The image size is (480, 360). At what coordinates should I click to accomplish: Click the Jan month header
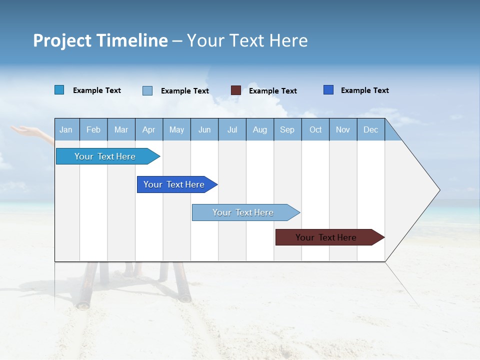pyautogui.click(x=66, y=129)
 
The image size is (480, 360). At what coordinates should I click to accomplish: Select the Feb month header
pyautogui.click(x=93, y=129)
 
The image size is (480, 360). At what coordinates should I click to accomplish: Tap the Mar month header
pyautogui.click(x=121, y=129)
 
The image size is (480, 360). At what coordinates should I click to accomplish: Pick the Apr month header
pyautogui.click(x=148, y=129)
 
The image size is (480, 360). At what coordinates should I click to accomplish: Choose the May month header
pyautogui.click(x=176, y=129)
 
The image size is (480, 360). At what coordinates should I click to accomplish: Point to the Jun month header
pyautogui.click(x=204, y=129)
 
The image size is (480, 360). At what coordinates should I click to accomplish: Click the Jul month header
pyautogui.click(x=232, y=129)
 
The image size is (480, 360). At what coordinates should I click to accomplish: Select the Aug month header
pyautogui.click(x=260, y=129)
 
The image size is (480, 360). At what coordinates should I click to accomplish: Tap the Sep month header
pyautogui.click(x=287, y=129)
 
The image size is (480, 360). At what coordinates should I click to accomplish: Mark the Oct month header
pyautogui.click(x=315, y=129)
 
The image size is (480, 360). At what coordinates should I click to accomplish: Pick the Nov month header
pyautogui.click(x=343, y=129)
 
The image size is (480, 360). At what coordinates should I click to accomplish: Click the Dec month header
pyautogui.click(x=370, y=129)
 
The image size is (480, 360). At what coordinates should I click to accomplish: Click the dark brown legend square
pyautogui.click(x=236, y=90)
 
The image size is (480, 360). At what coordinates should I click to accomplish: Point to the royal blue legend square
pyautogui.click(x=328, y=90)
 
